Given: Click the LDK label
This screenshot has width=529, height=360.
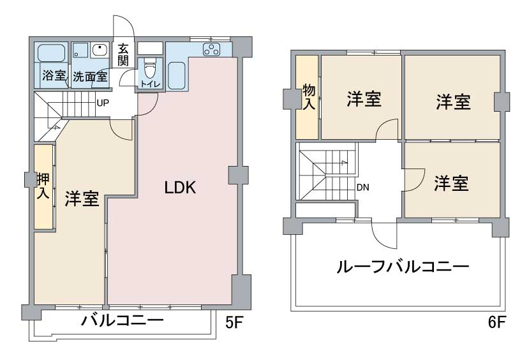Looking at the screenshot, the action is click(180, 188).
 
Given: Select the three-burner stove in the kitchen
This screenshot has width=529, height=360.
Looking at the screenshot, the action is click(211, 50).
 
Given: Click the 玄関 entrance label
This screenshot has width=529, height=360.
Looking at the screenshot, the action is click(123, 55).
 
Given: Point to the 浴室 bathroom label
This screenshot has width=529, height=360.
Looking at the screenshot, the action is click(54, 75).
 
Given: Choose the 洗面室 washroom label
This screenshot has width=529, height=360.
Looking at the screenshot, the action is click(90, 77).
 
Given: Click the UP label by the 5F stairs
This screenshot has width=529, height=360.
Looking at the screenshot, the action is click(103, 103).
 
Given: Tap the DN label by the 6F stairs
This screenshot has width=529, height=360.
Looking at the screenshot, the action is click(363, 187).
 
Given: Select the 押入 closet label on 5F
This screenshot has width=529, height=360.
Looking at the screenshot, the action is click(43, 186).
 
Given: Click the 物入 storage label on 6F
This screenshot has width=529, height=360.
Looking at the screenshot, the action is click(309, 97).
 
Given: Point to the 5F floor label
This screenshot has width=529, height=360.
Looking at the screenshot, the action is click(234, 323).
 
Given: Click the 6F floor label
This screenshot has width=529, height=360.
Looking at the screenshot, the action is click(497, 322).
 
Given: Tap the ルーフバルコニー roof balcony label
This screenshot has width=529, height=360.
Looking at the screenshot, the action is click(403, 267).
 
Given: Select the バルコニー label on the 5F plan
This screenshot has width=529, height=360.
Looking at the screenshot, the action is click(122, 320).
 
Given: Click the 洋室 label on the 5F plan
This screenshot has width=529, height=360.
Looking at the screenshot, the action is click(82, 199).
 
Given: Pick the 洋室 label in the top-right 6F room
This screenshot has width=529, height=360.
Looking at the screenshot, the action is click(453, 102).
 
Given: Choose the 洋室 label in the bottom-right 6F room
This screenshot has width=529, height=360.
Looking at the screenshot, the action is click(451, 183).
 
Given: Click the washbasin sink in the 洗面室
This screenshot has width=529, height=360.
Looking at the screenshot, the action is click(100, 50).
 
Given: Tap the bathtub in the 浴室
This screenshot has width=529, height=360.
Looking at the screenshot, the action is click(51, 53).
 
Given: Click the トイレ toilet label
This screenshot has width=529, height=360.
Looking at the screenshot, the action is click(151, 84).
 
